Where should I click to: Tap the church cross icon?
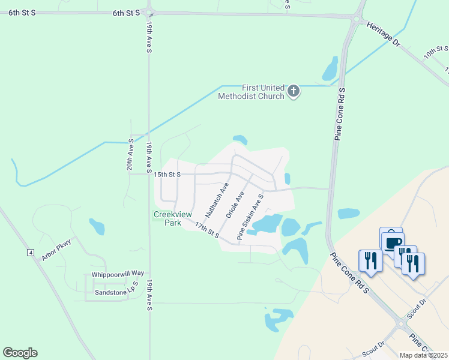(x=293, y=91)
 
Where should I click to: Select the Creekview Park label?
(x=167, y=218)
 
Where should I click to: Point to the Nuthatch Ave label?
(x=217, y=200)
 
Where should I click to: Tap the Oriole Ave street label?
(x=235, y=205)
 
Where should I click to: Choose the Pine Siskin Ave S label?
(x=250, y=217)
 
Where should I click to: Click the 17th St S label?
(x=207, y=229)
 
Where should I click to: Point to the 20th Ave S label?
(x=130, y=155)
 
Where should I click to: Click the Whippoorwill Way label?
(x=118, y=274)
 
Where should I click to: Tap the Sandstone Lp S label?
(x=116, y=292)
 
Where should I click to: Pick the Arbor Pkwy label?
(x=56, y=251)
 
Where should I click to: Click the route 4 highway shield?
(x=30, y=253)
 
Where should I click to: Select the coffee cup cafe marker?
(x=393, y=242)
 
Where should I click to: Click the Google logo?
(x=20, y=353)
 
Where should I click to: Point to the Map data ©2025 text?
(x=423, y=355)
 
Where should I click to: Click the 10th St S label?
(x=436, y=51)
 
